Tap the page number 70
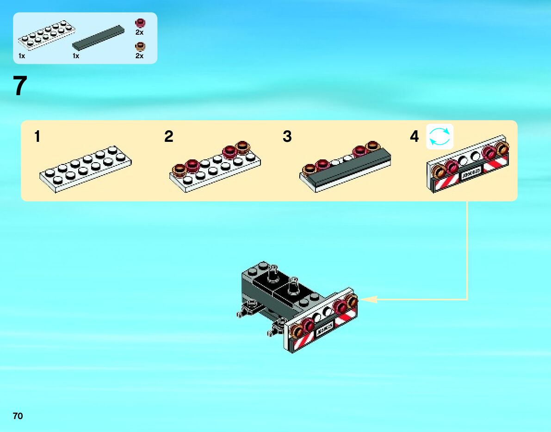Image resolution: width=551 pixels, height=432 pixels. click(18, 416)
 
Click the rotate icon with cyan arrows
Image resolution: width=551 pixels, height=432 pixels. click(440, 137)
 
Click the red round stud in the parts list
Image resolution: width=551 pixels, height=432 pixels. click(139, 23)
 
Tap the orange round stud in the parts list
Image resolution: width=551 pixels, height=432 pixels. click(139, 46)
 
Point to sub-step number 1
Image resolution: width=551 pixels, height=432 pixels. click(37, 137)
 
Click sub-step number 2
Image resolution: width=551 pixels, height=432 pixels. click(169, 137)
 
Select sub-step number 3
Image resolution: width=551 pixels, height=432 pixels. click(287, 137)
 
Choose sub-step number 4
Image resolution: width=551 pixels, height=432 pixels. click(414, 137)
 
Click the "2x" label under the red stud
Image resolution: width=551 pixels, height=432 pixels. click(139, 33)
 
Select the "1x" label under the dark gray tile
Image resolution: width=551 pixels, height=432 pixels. click(76, 56)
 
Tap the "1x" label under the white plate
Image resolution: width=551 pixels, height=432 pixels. click(21, 56)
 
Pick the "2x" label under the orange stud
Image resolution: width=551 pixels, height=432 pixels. click(139, 56)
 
